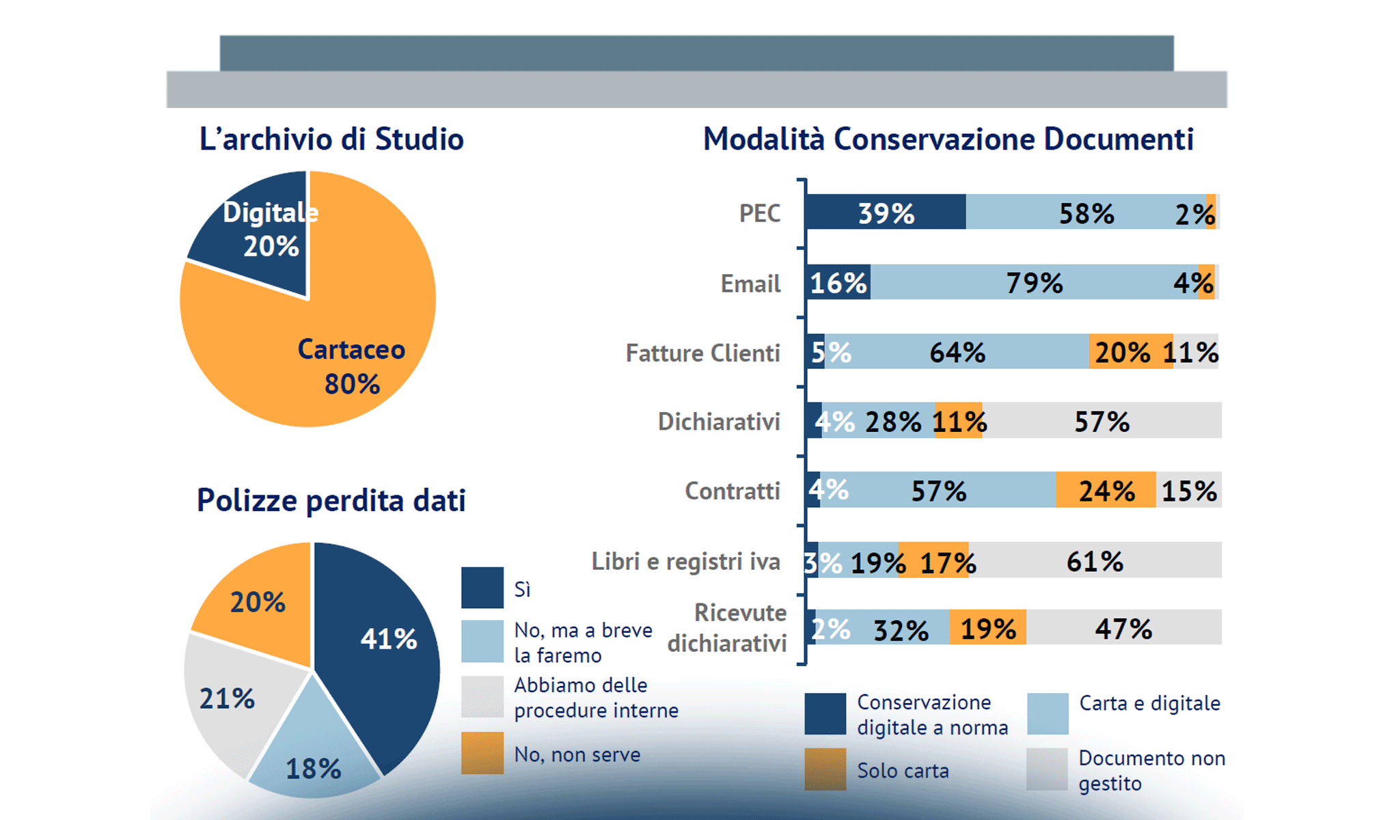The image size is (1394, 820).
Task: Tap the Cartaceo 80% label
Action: [351, 366]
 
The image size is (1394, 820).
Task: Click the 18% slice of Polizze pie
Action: [313, 758]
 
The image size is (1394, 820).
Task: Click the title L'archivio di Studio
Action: [331, 139]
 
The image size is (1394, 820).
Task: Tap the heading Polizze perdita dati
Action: [331, 500]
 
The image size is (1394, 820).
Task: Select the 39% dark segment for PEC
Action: [886, 213]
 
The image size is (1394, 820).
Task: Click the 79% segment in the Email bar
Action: [1033, 282]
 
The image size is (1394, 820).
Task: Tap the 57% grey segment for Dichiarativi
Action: [1102, 421]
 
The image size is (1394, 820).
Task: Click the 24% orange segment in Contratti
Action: [1106, 490]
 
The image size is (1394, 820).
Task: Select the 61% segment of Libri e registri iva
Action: [1095, 561]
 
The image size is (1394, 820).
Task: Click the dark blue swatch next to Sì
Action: [482, 588]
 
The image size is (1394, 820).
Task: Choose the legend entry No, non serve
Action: [577, 754]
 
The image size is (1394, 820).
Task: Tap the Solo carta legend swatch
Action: [825, 769]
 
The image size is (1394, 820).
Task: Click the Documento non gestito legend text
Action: [1151, 770]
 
